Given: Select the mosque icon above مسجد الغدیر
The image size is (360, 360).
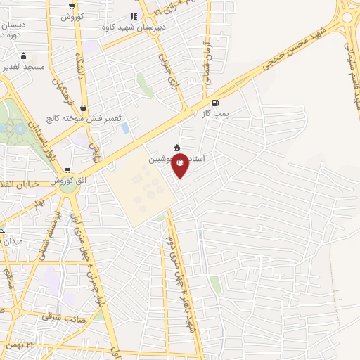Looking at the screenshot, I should pos(24,56).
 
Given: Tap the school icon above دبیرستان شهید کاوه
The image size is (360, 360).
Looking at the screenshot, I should pos(134,15).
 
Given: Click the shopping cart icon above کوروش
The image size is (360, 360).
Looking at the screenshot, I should pos(72,6).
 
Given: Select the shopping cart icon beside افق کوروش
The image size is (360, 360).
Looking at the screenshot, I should pos(67,169).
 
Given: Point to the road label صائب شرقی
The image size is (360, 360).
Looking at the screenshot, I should pos(58,316).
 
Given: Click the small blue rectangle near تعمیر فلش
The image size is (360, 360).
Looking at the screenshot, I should pos(125,128).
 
